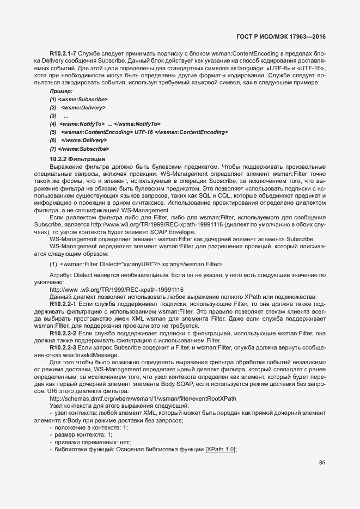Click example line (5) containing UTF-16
point(139,132)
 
